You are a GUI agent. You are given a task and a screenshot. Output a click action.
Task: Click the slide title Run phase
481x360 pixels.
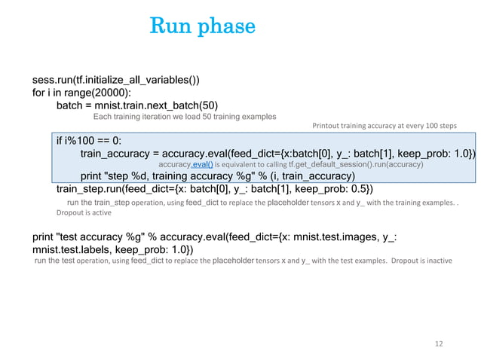(203, 26)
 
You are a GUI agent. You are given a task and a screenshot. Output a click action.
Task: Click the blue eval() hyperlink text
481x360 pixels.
(203, 164)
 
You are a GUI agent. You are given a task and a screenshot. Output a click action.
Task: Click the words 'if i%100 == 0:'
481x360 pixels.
(89, 140)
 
